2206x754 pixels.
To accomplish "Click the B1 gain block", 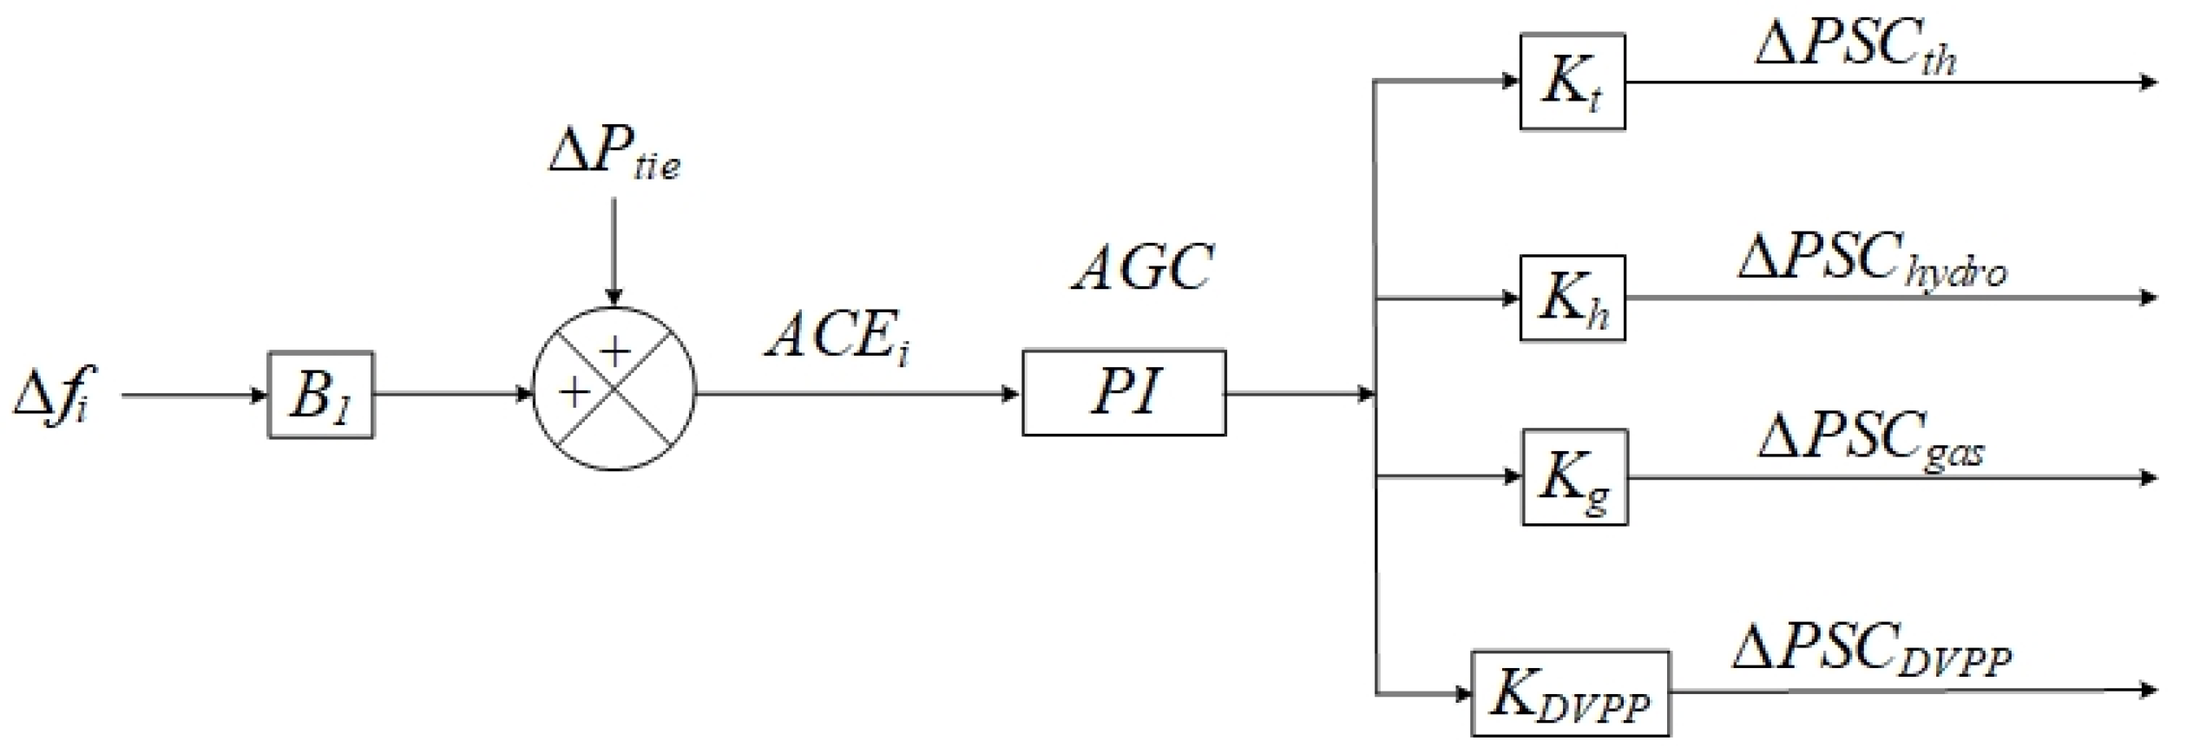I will point(320,395).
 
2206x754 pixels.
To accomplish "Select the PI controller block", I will point(1124,393).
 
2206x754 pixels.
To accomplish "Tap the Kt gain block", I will point(1572,82).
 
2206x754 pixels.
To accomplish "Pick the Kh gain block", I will point(1572,298).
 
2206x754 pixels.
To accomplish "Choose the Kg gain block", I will point(1574,477).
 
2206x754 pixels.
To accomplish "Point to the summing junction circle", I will point(614,389).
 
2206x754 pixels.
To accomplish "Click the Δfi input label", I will point(54,396).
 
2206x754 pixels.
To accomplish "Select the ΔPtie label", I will point(614,154).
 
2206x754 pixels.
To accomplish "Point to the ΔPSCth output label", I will point(1855,48).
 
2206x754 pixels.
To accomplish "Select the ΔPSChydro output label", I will point(1873,261).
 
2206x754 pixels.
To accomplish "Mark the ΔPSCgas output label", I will point(1871,440).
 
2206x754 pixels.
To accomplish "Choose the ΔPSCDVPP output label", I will point(1871,652).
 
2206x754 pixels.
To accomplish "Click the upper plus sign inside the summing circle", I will point(615,351).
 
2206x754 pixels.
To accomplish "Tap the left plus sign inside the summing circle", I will point(574,393).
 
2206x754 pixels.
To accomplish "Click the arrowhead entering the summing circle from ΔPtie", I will point(614,298).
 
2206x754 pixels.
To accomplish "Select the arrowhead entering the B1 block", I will point(259,396).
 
